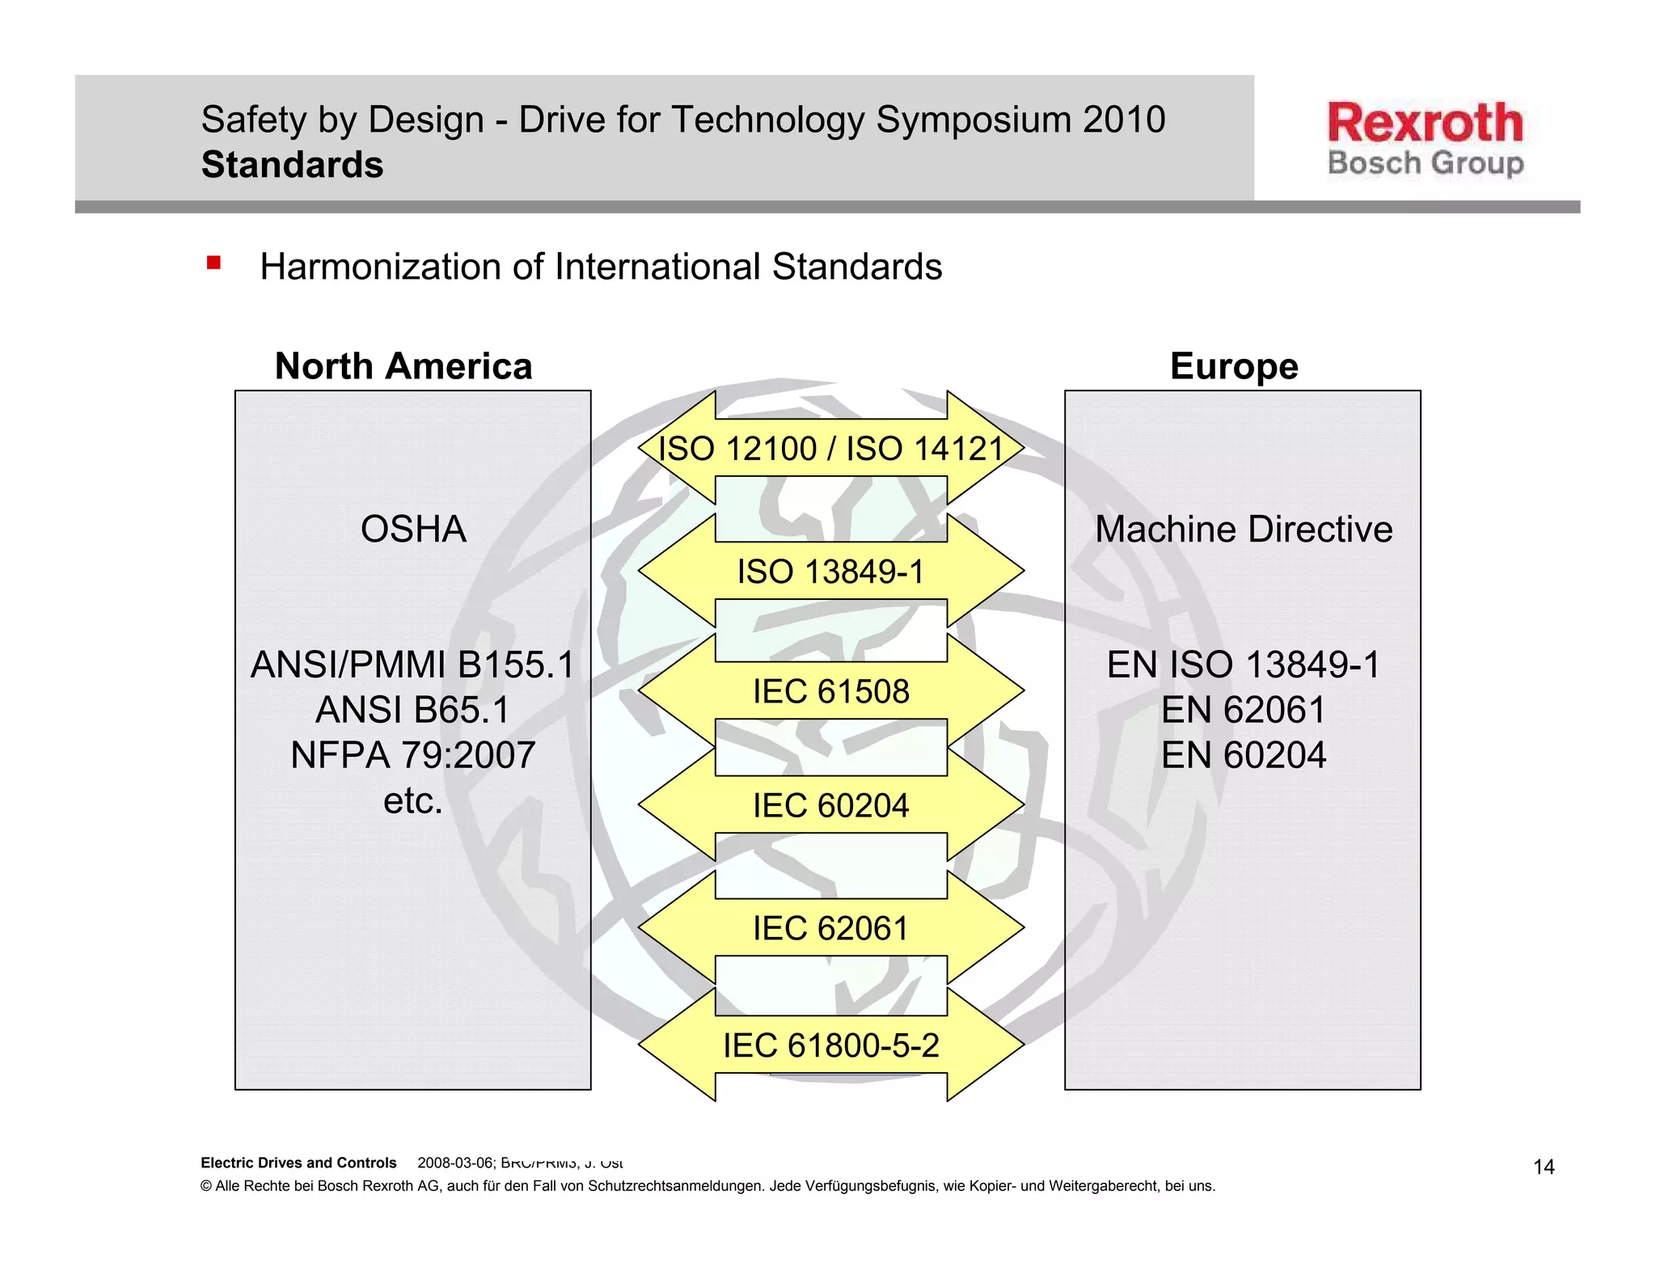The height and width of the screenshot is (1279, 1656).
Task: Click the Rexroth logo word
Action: coord(1425,123)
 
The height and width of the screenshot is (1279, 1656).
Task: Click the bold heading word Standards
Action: coord(292,165)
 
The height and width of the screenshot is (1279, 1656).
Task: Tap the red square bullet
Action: coord(213,263)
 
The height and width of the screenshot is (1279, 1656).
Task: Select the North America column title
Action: coord(403,366)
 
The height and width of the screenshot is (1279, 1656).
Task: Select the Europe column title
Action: coord(1234,366)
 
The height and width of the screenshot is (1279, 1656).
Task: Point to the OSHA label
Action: coord(413,530)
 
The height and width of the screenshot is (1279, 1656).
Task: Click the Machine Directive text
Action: coord(1243,530)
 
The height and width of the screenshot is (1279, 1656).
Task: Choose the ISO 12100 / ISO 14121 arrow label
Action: coord(830,449)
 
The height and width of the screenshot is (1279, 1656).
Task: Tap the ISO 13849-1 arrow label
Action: coord(830,572)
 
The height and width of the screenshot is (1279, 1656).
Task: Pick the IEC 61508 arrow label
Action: coord(830,691)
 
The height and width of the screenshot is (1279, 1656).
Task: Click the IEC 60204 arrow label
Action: coord(830,805)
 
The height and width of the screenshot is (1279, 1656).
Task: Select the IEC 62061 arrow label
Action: coord(830,928)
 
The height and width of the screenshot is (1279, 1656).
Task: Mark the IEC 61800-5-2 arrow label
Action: coord(830,1045)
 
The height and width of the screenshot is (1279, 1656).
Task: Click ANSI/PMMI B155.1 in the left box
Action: coord(412,665)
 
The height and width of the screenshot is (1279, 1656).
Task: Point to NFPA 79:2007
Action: coord(412,755)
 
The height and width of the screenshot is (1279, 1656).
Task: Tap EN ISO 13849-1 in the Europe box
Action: coord(1243,665)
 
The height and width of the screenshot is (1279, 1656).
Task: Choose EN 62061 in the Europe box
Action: coord(1243,710)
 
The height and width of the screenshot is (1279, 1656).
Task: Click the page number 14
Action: coord(1544,1167)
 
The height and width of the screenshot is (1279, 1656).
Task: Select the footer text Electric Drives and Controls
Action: coord(298,1163)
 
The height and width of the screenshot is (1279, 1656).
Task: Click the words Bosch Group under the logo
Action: coord(1425,163)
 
